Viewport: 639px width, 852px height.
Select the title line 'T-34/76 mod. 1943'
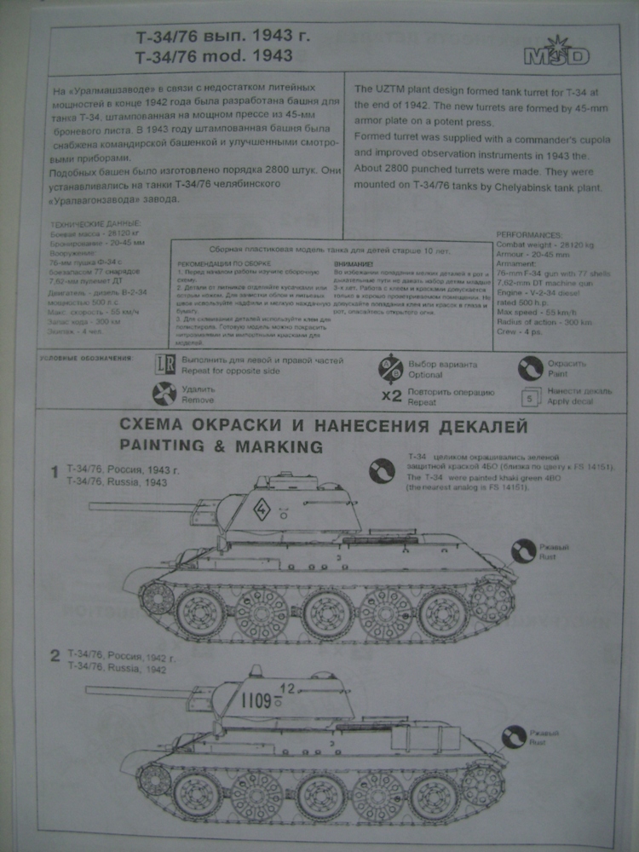click(214, 56)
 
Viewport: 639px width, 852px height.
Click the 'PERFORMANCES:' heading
click(529, 234)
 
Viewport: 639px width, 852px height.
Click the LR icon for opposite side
click(164, 366)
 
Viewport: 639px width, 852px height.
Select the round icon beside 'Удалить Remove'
click(164, 394)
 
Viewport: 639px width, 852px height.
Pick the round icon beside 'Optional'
click(391, 368)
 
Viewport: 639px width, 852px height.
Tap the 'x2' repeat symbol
click(391, 396)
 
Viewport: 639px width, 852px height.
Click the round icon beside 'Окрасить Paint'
click(530, 368)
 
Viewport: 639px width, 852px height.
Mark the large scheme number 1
click(54, 472)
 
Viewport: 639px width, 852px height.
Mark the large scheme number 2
click(54, 656)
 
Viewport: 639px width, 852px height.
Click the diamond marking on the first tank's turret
click(262, 512)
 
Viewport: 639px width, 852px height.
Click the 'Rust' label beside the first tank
click(549, 556)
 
